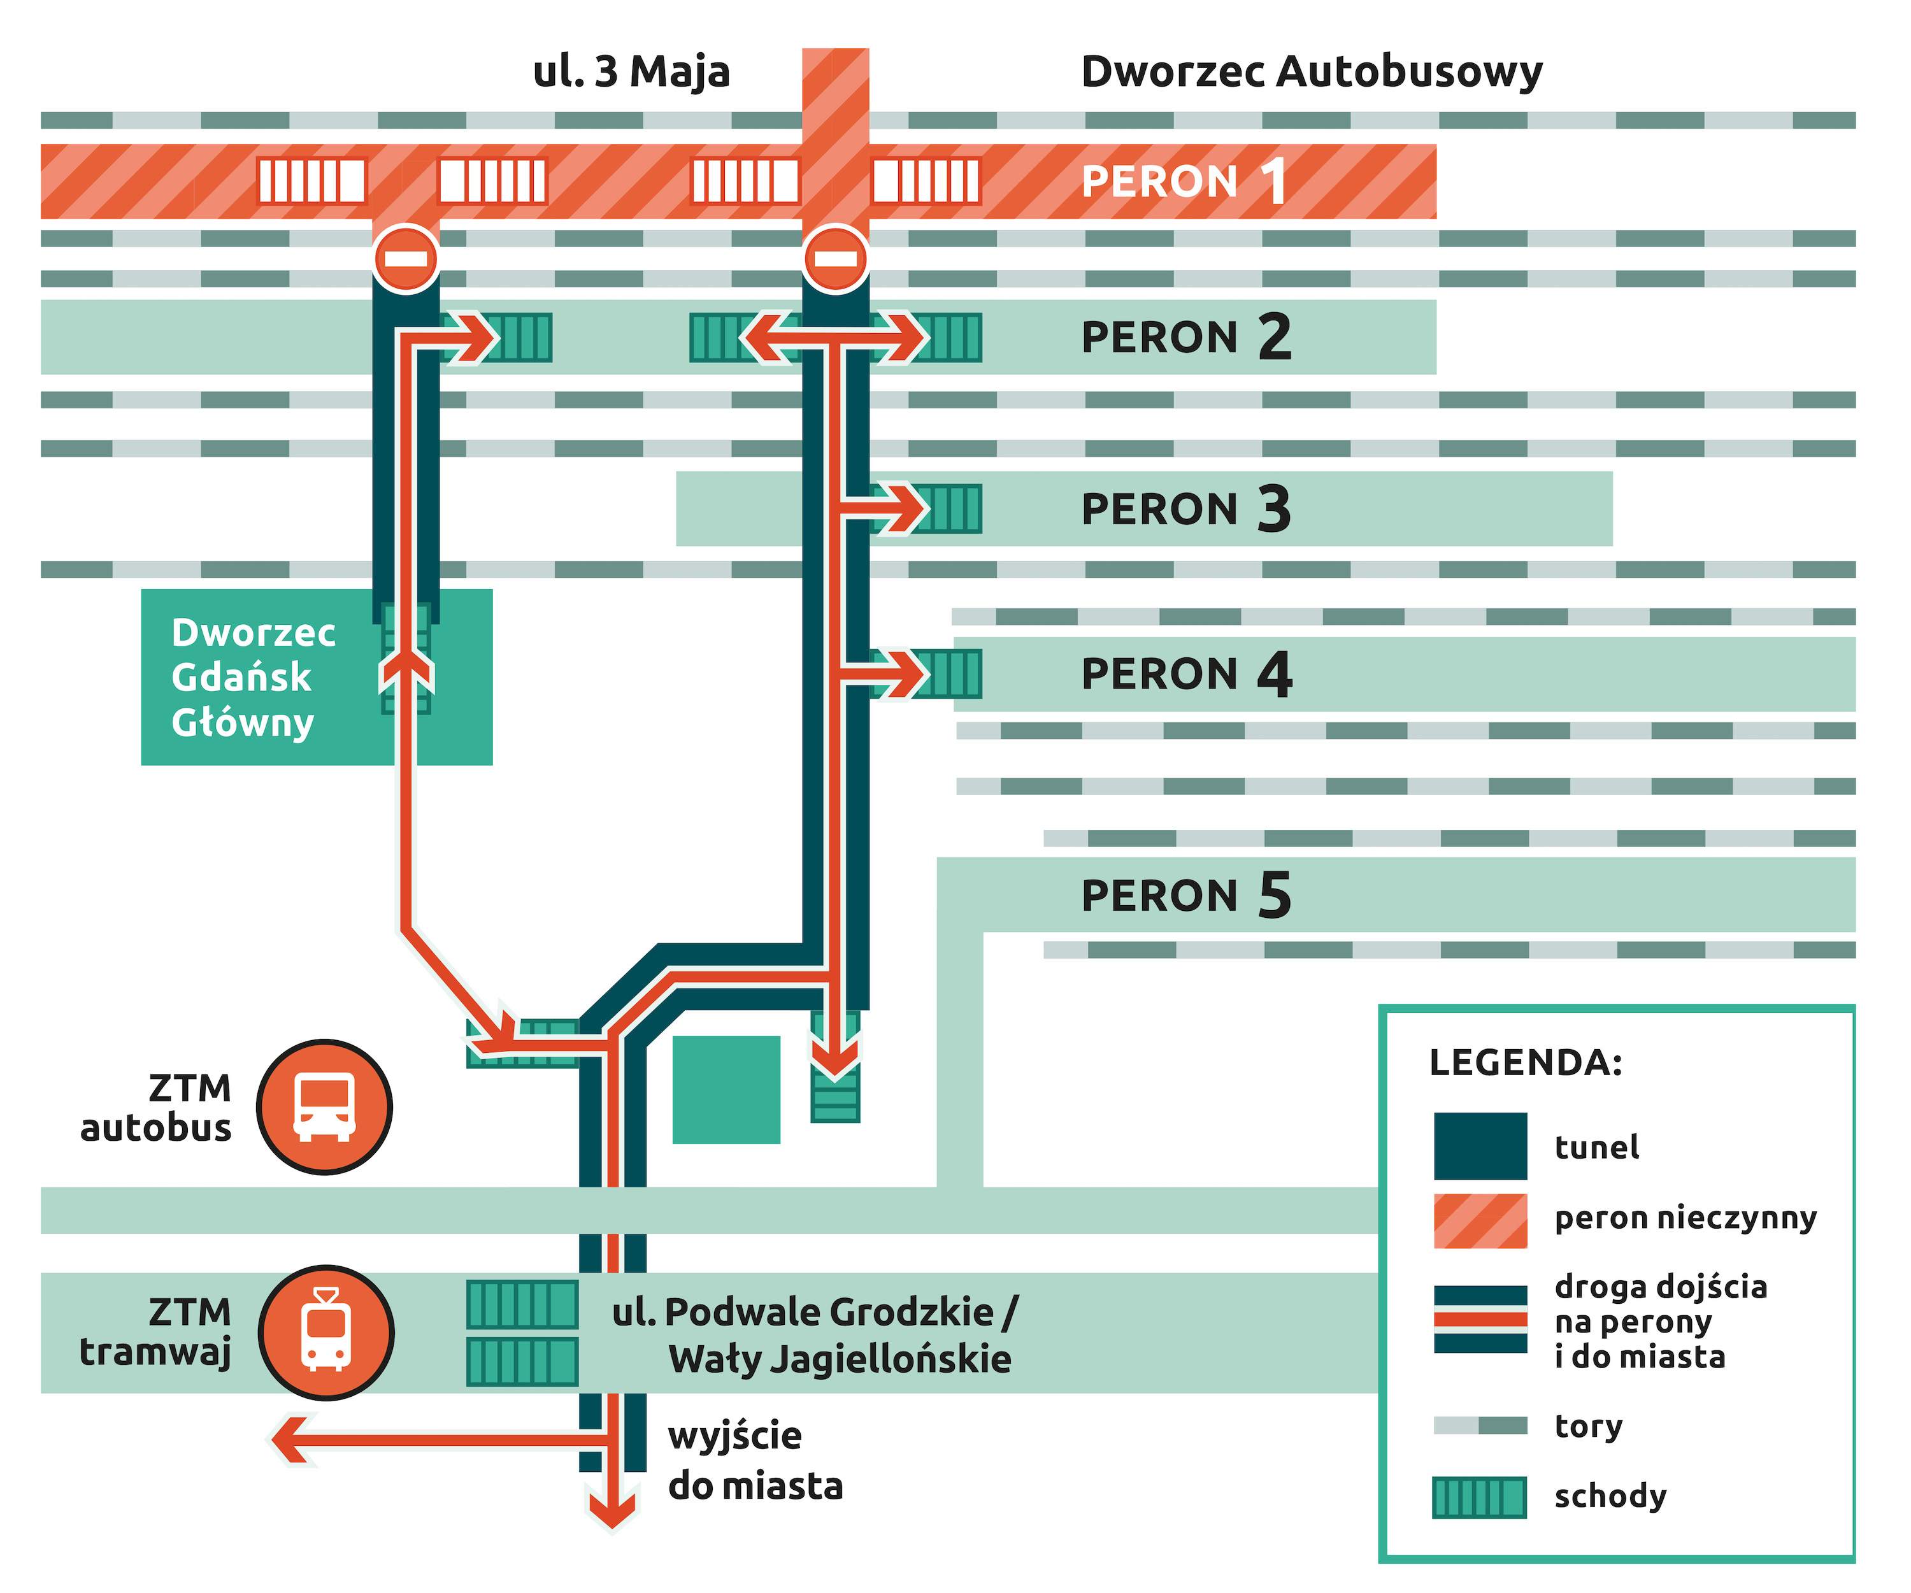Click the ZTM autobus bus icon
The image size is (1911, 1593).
coord(324,1106)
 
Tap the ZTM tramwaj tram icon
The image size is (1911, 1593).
coord(326,1332)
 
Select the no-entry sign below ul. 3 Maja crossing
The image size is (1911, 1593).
coord(835,259)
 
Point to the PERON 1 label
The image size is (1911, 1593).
coord(1183,181)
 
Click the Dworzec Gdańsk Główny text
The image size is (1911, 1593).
coord(253,677)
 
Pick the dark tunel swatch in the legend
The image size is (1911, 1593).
coord(1480,1145)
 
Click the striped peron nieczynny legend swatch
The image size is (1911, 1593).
coord(1480,1220)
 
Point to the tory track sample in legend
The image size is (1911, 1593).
coord(1480,1425)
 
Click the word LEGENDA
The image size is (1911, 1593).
coord(1525,1062)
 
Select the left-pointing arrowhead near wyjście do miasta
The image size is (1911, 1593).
coord(289,1439)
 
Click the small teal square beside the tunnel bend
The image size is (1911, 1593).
coord(726,1089)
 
